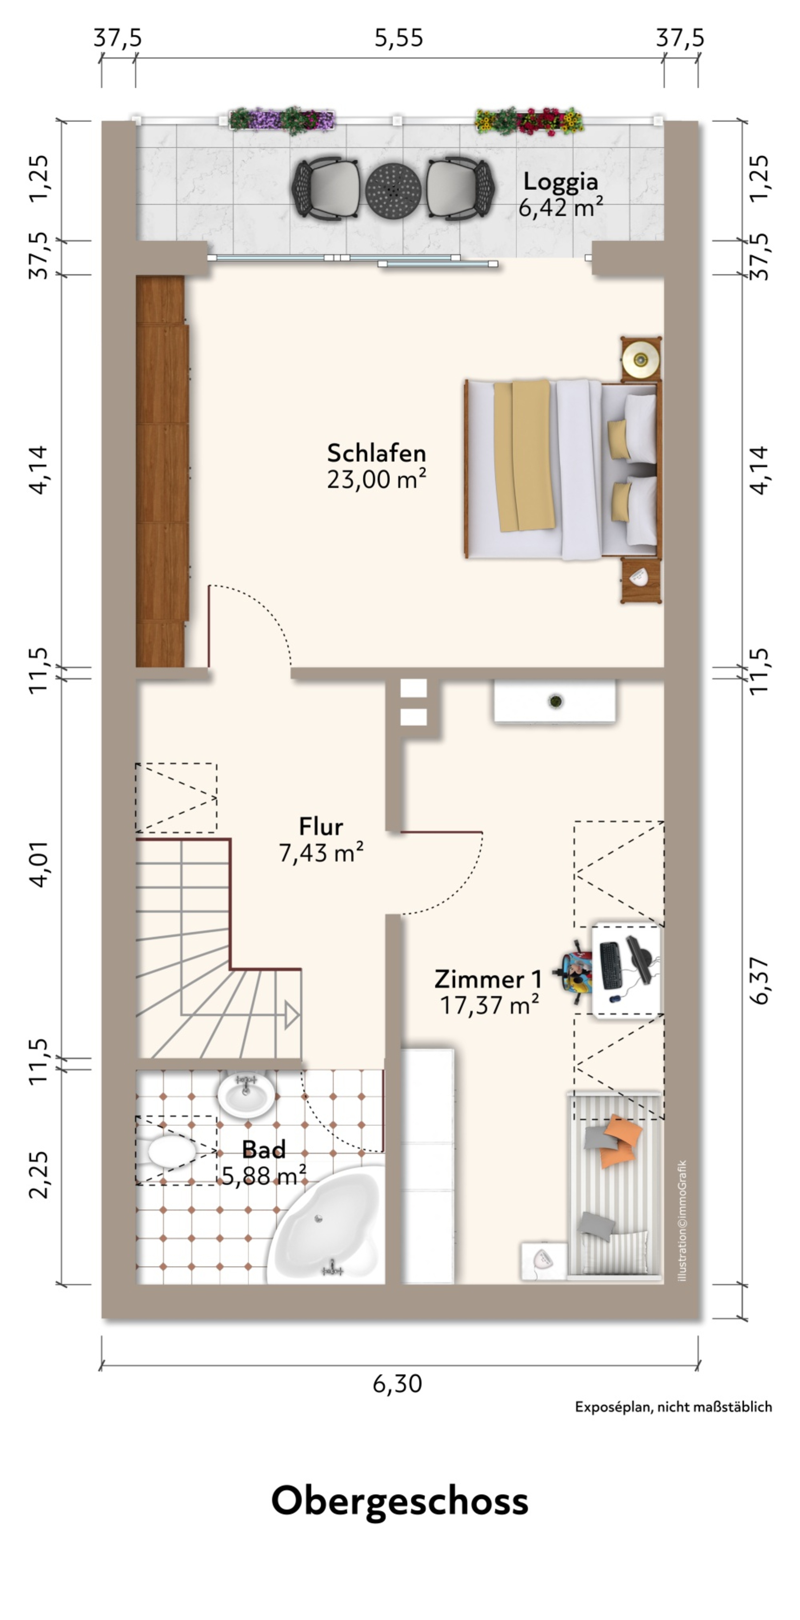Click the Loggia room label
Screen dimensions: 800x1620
pyautogui.click(x=560, y=182)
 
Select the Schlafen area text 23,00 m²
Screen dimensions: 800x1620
pyautogui.click(x=376, y=480)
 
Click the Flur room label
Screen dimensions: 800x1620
pyautogui.click(x=321, y=826)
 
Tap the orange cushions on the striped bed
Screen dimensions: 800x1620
pyautogui.click(x=618, y=1141)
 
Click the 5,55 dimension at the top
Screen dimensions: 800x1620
pyautogui.click(x=399, y=38)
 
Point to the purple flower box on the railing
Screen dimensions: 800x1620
pyautogui.click(x=281, y=119)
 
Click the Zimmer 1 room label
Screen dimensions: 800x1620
pyautogui.click(x=488, y=979)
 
